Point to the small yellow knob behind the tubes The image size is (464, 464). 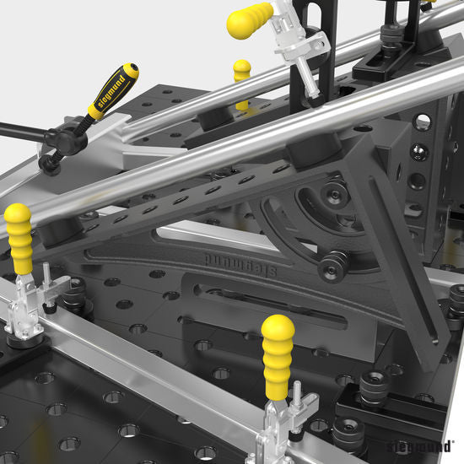(242, 71)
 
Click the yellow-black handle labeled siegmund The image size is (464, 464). (111, 88)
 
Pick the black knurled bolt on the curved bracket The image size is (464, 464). (332, 263)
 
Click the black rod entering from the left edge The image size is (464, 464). (17, 130)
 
